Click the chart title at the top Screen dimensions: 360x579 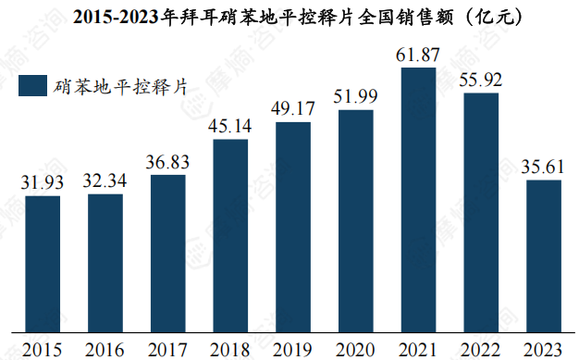(289, 16)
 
